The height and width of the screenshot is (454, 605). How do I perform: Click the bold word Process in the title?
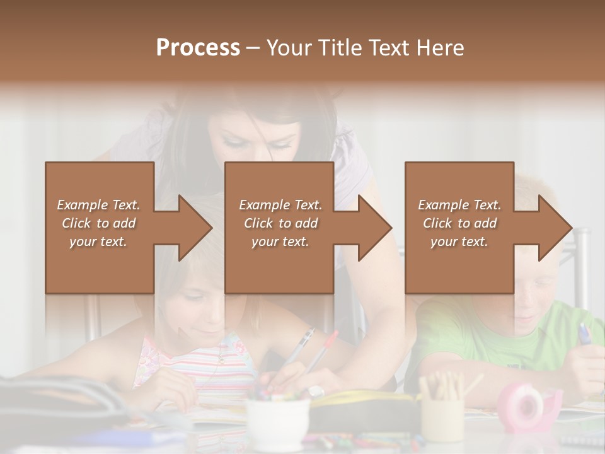click(198, 47)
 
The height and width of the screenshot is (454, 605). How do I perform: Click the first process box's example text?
click(98, 223)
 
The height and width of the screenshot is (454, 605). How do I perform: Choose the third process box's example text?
click(459, 223)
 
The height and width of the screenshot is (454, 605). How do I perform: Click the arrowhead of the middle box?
click(374, 228)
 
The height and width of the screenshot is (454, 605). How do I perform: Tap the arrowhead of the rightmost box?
click(555, 228)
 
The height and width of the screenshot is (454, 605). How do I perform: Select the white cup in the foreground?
click(277, 423)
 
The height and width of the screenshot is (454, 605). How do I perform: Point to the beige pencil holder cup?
click(442, 416)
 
